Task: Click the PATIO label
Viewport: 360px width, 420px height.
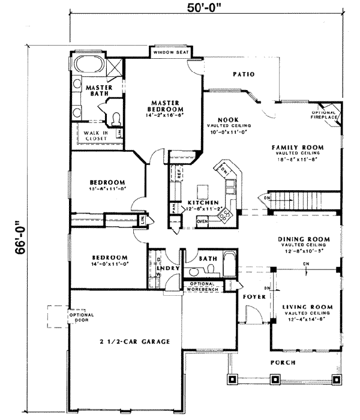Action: pyautogui.click(x=244, y=74)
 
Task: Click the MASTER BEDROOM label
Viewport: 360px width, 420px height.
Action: pyautogui.click(x=163, y=106)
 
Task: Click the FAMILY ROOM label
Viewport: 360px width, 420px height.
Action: pyautogui.click(x=297, y=147)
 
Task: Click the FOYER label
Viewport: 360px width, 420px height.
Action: pyautogui.click(x=250, y=296)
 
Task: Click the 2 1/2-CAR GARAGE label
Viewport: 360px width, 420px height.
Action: pyautogui.click(x=134, y=341)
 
